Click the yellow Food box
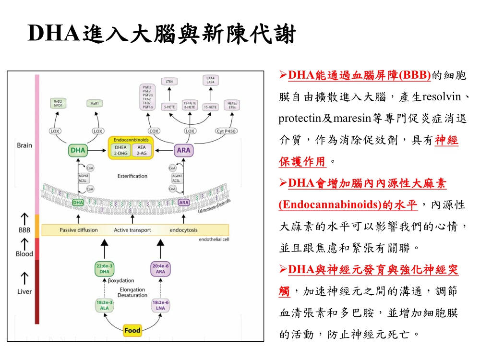click(x=132, y=330)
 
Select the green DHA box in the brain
click(x=78, y=150)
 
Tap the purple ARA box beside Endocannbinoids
click(x=183, y=150)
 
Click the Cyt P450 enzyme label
click(x=227, y=131)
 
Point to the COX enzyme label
click(x=154, y=131)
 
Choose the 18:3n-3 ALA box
click(x=105, y=306)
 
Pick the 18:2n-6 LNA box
click(x=160, y=306)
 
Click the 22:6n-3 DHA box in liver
click(x=105, y=269)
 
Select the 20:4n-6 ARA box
click(x=160, y=269)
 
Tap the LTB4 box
click(x=169, y=81)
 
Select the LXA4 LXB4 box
click(x=210, y=80)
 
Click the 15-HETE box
click(x=210, y=107)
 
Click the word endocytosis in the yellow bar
click(x=183, y=230)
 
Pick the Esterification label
click(x=132, y=176)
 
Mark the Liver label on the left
click(x=24, y=291)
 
